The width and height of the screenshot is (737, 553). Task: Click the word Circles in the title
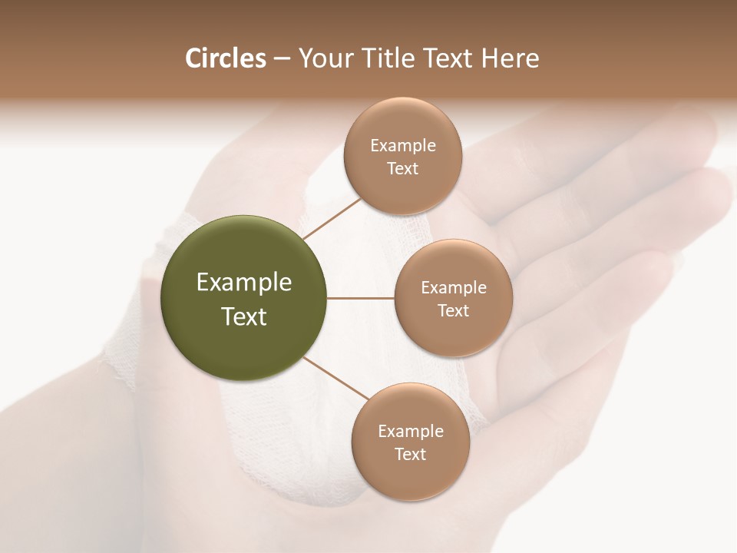tap(226, 58)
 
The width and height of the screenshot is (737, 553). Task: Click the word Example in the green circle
tap(244, 283)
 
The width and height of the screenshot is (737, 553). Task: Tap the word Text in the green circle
tap(244, 316)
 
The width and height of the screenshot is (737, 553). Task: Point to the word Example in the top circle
tap(402, 146)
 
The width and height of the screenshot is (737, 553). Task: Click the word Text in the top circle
tap(402, 169)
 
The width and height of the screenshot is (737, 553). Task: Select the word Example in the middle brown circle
tap(453, 288)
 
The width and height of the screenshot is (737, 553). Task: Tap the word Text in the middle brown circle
tap(453, 311)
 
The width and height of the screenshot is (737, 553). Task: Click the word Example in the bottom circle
tap(410, 432)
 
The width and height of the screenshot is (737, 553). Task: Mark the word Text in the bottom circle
tap(410, 455)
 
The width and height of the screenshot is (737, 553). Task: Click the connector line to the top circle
tap(332, 218)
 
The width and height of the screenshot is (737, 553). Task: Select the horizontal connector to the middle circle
tap(360, 298)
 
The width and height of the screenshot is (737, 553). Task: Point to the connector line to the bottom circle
tap(336, 379)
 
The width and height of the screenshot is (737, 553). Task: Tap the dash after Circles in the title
tap(282, 59)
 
